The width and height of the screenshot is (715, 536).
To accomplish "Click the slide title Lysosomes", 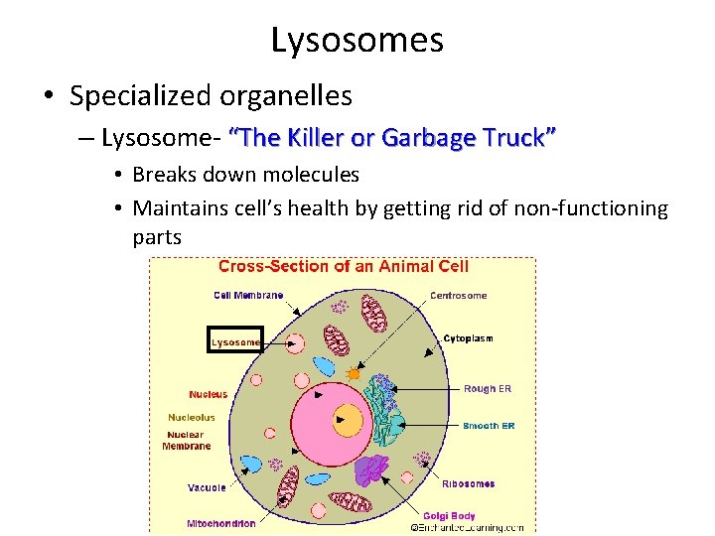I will tap(357, 41).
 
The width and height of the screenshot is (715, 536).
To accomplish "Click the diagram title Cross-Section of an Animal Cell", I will tap(343, 266).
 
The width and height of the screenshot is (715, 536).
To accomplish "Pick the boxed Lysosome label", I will tap(234, 341).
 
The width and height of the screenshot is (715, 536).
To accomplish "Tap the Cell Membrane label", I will tap(248, 295).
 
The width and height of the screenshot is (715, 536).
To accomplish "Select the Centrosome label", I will tap(458, 295).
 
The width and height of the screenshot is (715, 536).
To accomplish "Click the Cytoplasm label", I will tap(468, 338).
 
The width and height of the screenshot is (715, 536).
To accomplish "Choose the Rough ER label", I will tap(487, 389).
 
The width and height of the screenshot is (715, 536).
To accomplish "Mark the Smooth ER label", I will tap(489, 426).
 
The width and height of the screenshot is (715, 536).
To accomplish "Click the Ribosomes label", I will tap(469, 484).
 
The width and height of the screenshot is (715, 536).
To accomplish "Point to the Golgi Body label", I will tap(449, 515).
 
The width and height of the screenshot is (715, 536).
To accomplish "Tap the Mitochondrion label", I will tap(221, 523).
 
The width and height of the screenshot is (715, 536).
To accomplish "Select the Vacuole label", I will tap(207, 487).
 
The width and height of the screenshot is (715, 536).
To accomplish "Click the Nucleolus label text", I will tap(191, 418).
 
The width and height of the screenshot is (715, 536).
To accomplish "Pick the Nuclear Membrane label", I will tap(187, 441).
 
